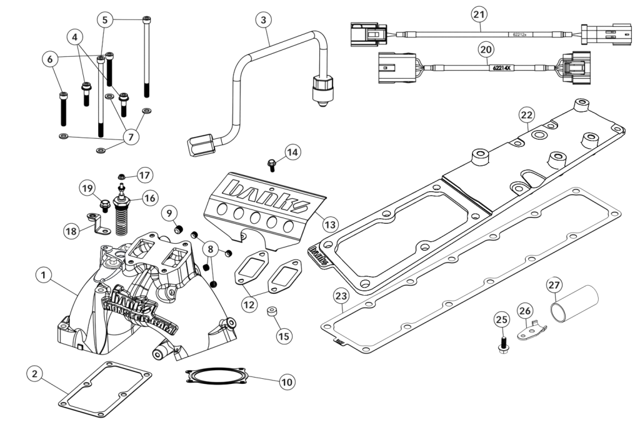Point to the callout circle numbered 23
pyautogui.click(x=341, y=294)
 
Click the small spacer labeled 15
pyautogui.click(x=272, y=311)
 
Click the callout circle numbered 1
pyautogui.click(x=42, y=274)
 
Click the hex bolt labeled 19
pyautogui.click(x=106, y=204)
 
